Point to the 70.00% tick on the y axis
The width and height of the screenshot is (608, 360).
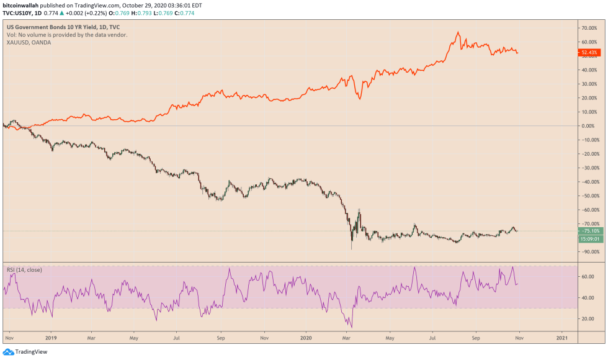tap(588, 28)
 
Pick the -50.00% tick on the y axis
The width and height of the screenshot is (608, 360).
tap(588, 196)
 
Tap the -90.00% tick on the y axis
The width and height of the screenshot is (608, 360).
tap(588, 251)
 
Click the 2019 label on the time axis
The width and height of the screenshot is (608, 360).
tap(51, 339)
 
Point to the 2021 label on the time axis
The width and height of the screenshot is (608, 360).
tap(562, 339)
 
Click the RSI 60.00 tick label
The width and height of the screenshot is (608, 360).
tap(586, 276)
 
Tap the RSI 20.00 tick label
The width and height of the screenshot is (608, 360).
tap(586, 318)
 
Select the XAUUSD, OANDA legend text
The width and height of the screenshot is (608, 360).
tap(29, 42)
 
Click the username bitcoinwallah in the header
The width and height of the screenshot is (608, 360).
tap(22, 4)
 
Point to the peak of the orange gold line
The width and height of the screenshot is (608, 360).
tap(458, 32)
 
